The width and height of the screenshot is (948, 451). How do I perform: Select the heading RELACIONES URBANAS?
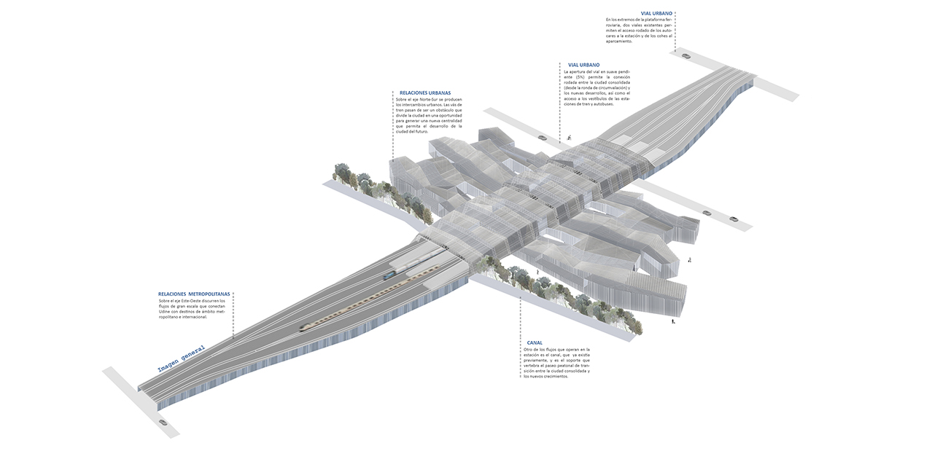(x=425, y=93)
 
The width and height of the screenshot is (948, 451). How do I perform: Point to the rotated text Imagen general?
(x=182, y=358)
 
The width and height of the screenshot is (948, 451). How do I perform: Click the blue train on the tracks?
(x=390, y=275)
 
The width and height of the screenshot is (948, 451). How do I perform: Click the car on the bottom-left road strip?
(x=162, y=422)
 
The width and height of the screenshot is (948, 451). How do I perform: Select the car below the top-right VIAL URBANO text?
(x=685, y=55)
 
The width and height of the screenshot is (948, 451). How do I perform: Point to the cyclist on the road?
(x=568, y=137)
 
